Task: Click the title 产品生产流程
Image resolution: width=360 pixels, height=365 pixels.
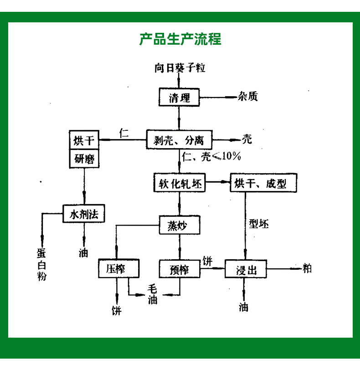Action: pyautogui.click(x=180, y=39)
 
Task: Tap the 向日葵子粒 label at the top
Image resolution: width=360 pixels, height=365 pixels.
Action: pyautogui.click(x=180, y=68)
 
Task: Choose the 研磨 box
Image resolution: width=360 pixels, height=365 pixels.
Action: pyautogui.click(x=84, y=159)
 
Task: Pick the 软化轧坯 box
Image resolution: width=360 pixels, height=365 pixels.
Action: pyautogui.click(x=179, y=184)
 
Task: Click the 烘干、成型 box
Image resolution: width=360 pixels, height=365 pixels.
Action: pyautogui.click(x=263, y=184)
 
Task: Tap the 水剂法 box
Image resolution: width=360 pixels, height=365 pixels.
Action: pyautogui.click(x=84, y=214)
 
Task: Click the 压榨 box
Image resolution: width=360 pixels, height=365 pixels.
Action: pyautogui.click(x=118, y=268)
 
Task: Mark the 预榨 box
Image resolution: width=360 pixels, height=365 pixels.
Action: pyautogui.click(x=179, y=268)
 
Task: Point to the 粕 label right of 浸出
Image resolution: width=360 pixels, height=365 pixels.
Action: pyautogui.click(x=307, y=268)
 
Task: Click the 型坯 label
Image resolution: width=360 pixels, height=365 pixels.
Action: pyautogui.click(x=259, y=224)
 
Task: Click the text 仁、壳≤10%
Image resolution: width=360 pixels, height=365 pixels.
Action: pyautogui.click(x=211, y=157)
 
